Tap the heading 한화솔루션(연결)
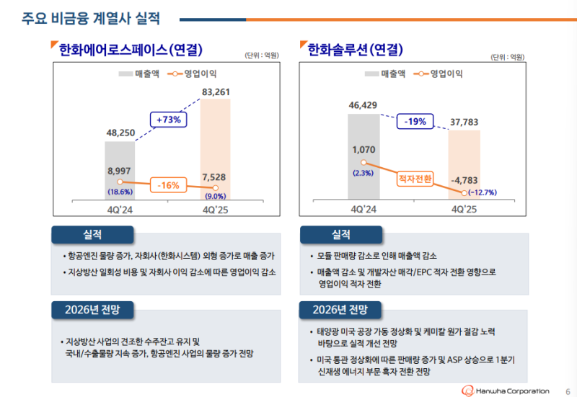coord(355,50)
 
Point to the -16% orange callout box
coord(168,185)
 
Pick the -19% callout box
coord(415,122)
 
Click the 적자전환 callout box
coord(415,176)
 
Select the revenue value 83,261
coord(216,92)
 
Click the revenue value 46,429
coord(363,105)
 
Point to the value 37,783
coord(463,122)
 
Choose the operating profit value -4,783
coord(463,179)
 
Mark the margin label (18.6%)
coord(120,192)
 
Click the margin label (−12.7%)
coord(483,192)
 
